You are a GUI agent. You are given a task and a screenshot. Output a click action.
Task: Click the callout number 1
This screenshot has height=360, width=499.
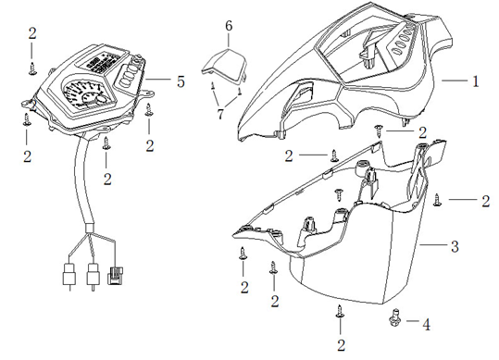pyautogui.click(x=476, y=81)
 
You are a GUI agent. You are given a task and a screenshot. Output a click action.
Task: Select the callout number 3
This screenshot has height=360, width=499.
pyautogui.click(x=455, y=246)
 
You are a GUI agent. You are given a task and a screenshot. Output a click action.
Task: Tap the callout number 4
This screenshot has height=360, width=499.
pyautogui.click(x=427, y=325)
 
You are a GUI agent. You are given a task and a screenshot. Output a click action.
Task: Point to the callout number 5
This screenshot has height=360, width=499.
pyautogui.click(x=181, y=81)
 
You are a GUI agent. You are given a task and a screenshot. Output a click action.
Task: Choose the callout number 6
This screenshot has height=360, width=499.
pyautogui.click(x=229, y=26)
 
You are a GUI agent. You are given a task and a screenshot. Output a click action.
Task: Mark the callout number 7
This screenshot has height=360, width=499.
pyautogui.click(x=220, y=114)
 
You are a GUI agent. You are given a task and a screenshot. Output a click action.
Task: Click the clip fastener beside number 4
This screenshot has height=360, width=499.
pyautogui.click(x=395, y=319)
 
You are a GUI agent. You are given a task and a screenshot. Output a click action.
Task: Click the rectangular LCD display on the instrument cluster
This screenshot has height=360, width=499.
pyautogui.click(x=102, y=62)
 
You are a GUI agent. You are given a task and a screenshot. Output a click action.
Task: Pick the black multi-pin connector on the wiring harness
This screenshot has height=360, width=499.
pyautogui.click(x=116, y=276)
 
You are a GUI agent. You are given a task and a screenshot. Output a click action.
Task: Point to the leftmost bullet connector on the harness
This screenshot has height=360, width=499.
pyautogui.click(x=69, y=276)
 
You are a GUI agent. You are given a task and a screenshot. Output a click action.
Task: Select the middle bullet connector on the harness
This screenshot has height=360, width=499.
pyautogui.click(x=93, y=276)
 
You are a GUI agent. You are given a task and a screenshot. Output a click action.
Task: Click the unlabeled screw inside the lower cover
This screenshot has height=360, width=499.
pyautogui.click(x=339, y=194)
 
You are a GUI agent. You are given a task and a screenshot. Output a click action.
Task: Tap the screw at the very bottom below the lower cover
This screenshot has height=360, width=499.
pyautogui.click(x=340, y=311)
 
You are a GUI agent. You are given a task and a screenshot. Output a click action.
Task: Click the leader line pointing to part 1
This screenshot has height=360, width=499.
pyautogui.click(x=455, y=81)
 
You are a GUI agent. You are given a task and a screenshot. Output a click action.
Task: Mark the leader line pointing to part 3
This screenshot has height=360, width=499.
pyautogui.click(x=433, y=245)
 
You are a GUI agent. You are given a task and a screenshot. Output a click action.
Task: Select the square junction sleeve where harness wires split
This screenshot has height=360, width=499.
pyautogui.click(x=89, y=229)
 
